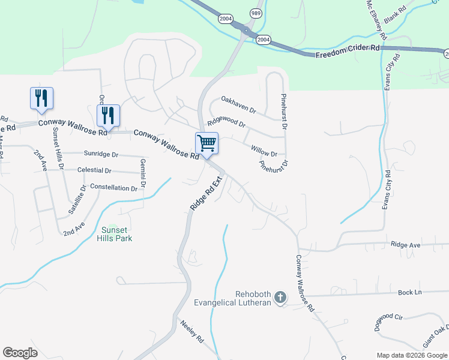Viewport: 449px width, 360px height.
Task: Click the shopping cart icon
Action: pyautogui.click(x=206, y=143)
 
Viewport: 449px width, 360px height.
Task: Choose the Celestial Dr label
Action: pyautogui.click(x=94, y=170)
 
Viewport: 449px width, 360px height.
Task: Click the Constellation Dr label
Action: pyautogui.click(x=113, y=188)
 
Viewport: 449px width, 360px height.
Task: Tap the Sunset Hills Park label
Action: pyautogui.click(x=114, y=234)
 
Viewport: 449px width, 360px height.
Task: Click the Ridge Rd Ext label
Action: pyautogui.click(x=206, y=191)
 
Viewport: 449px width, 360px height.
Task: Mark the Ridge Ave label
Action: pyautogui.click(x=405, y=245)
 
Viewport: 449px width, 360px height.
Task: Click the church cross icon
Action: pyautogui.click(x=279, y=297)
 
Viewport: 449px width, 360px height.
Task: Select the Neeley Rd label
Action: pyautogui.click(x=192, y=331)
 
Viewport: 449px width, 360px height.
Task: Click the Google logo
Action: pyautogui.click(x=20, y=353)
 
